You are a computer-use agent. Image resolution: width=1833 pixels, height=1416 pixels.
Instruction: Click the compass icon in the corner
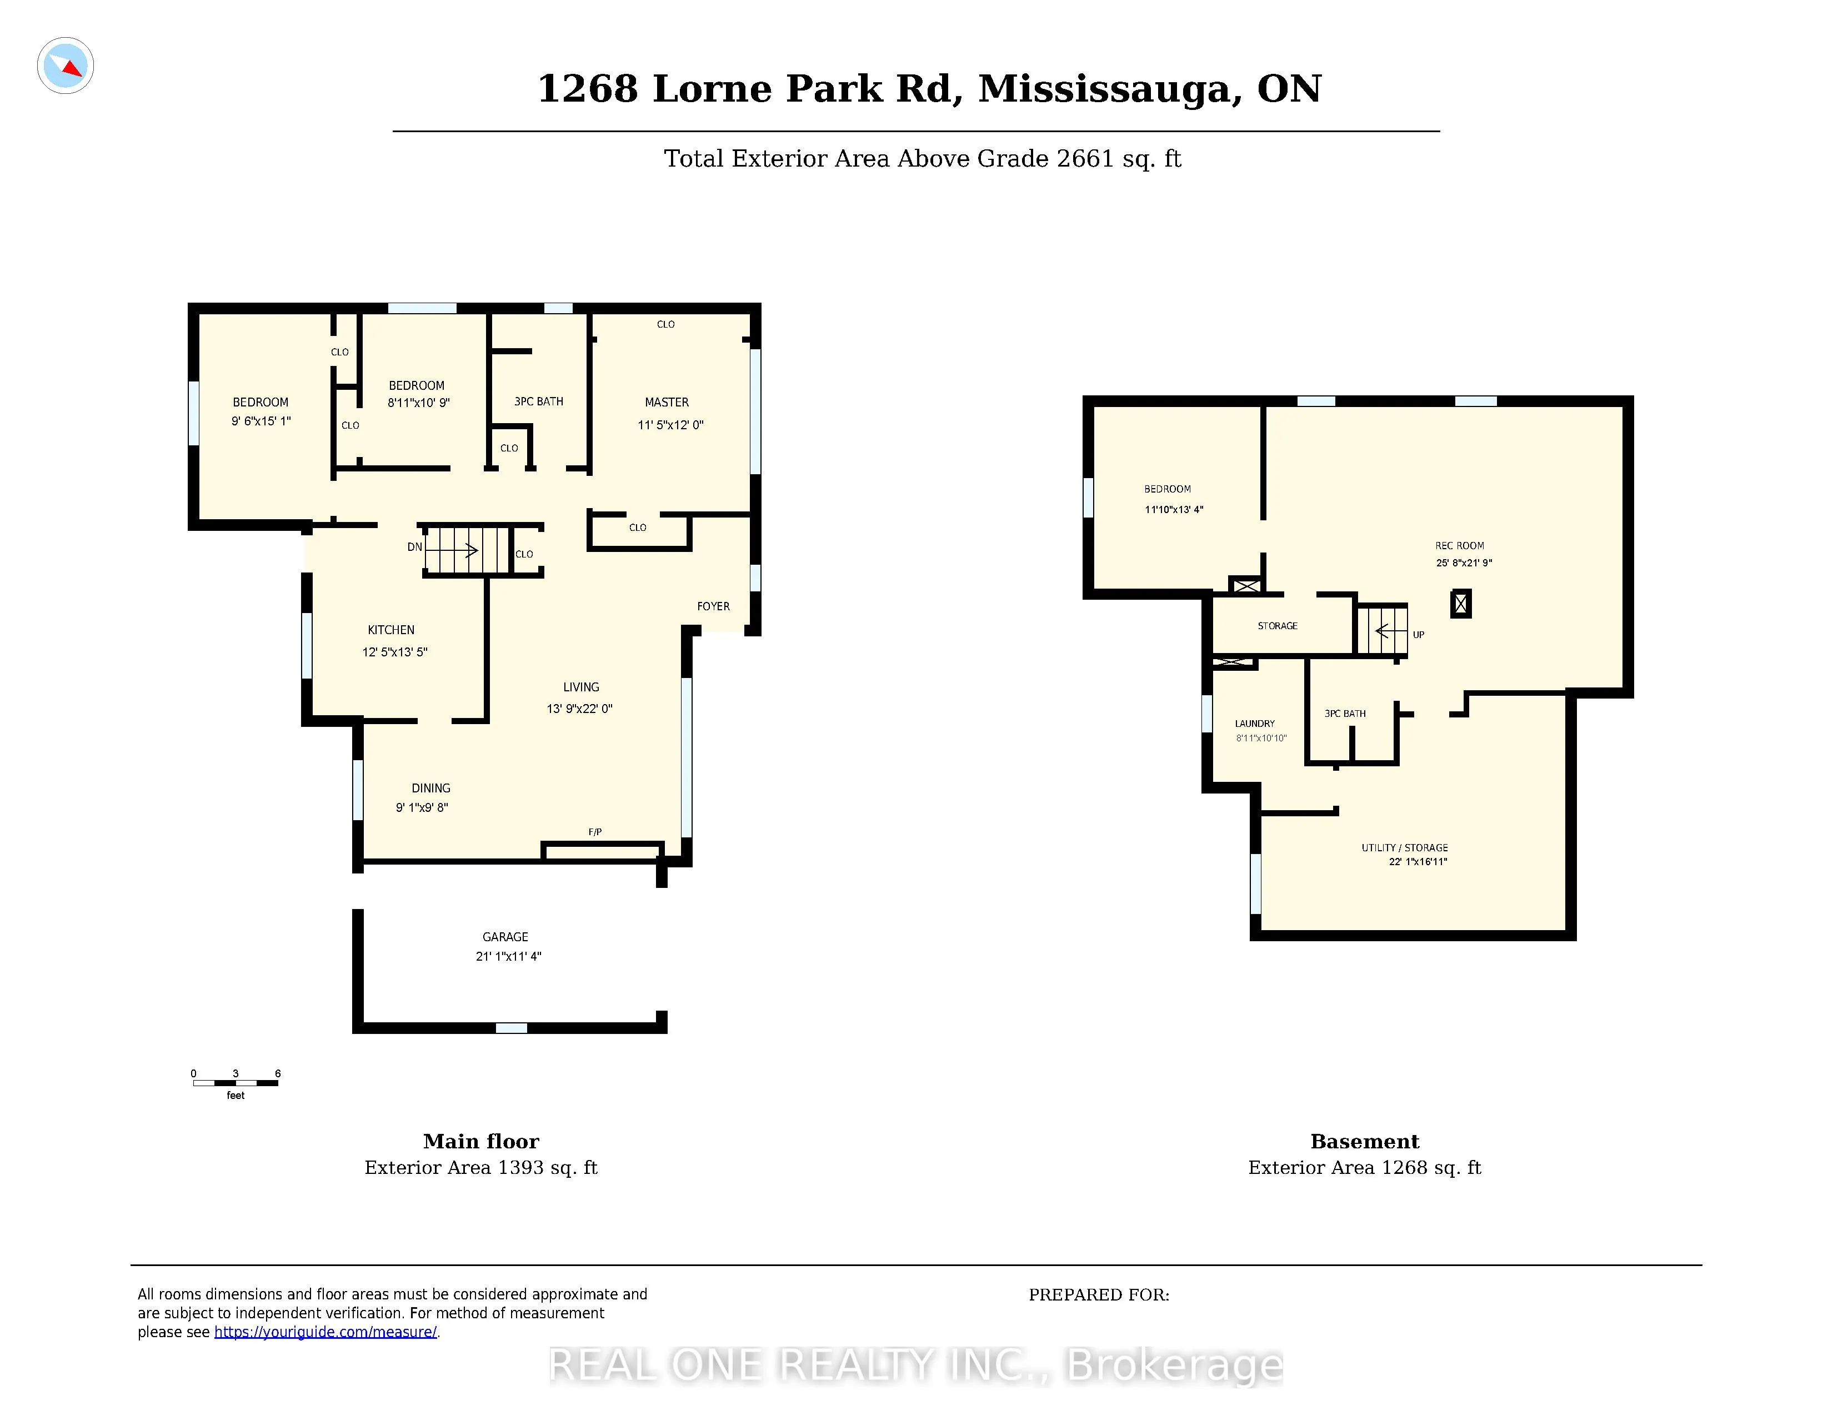66,66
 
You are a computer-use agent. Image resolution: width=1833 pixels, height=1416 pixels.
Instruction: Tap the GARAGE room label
505,937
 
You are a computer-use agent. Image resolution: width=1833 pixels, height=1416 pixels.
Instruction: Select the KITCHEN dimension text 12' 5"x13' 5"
394,652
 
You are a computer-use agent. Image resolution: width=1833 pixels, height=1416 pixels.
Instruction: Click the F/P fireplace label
595,832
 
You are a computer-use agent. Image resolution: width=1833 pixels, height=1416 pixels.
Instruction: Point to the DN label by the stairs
414,547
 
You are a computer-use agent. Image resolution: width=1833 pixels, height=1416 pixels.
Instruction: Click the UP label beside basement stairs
1419,635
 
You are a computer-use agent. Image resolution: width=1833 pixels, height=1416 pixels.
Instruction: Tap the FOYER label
713,606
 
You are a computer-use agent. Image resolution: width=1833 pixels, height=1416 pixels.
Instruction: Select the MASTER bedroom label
667,403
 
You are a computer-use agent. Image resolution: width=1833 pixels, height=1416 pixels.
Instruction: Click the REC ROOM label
1460,546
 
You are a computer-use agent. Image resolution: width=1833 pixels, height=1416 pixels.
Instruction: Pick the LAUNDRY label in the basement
1255,724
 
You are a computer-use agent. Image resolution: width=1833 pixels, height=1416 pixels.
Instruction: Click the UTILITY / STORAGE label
1405,848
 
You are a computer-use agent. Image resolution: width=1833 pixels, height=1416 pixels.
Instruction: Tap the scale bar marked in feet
236,1083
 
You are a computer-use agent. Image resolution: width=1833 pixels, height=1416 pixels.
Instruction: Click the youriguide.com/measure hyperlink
325,1332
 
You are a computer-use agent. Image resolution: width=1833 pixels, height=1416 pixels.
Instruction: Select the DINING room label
430,789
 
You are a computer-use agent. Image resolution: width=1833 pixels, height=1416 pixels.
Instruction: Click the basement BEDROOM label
1168,489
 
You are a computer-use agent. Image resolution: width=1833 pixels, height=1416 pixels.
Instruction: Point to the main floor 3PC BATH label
539,402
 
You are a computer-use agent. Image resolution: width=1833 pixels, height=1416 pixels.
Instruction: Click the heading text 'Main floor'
481,1142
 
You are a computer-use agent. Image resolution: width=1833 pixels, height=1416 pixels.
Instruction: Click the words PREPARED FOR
1099,1295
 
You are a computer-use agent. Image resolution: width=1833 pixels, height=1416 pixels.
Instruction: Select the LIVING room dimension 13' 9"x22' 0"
580,709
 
